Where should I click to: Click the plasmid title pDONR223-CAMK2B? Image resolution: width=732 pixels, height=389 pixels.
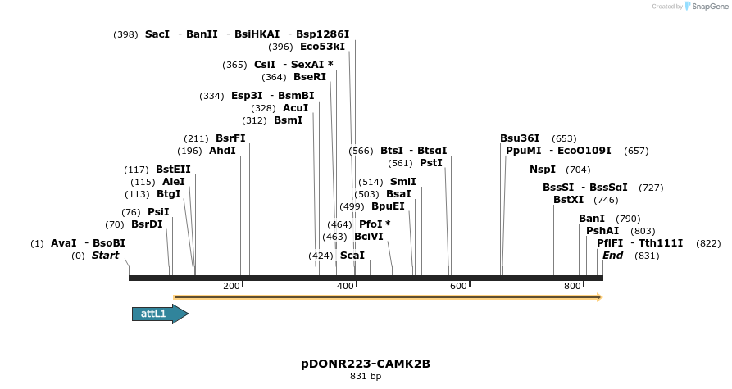tap(366, 363)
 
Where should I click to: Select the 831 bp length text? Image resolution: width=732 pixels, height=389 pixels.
tap(366, 377)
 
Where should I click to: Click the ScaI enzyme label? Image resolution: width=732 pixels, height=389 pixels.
tap(352, 256)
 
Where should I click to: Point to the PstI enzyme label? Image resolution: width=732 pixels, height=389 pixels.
tap(431, 163)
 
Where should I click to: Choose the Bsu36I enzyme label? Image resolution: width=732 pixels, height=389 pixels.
tap(520, 138)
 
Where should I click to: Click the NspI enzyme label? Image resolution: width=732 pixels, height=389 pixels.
tap(543, 170)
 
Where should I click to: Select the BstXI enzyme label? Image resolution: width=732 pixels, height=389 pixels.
tap(569, 200)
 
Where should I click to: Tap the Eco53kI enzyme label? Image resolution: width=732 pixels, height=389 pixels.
tap(322, 47)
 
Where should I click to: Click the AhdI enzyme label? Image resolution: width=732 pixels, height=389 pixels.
tap(223, 151)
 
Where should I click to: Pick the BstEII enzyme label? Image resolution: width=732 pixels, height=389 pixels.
tap(173, 170)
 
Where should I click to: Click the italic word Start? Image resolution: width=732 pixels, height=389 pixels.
tap(105, 256)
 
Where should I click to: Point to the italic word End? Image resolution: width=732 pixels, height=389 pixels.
tap(613, 256)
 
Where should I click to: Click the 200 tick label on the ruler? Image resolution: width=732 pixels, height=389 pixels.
tap(231, 286)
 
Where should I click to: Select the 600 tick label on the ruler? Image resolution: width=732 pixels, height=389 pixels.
tap(458, 286)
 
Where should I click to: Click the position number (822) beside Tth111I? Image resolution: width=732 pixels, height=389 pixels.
tap(708, 243)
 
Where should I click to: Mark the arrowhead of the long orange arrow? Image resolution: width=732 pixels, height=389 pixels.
tap(599, 297)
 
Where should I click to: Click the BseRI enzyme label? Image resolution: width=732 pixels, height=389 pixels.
tap(310, 77)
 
